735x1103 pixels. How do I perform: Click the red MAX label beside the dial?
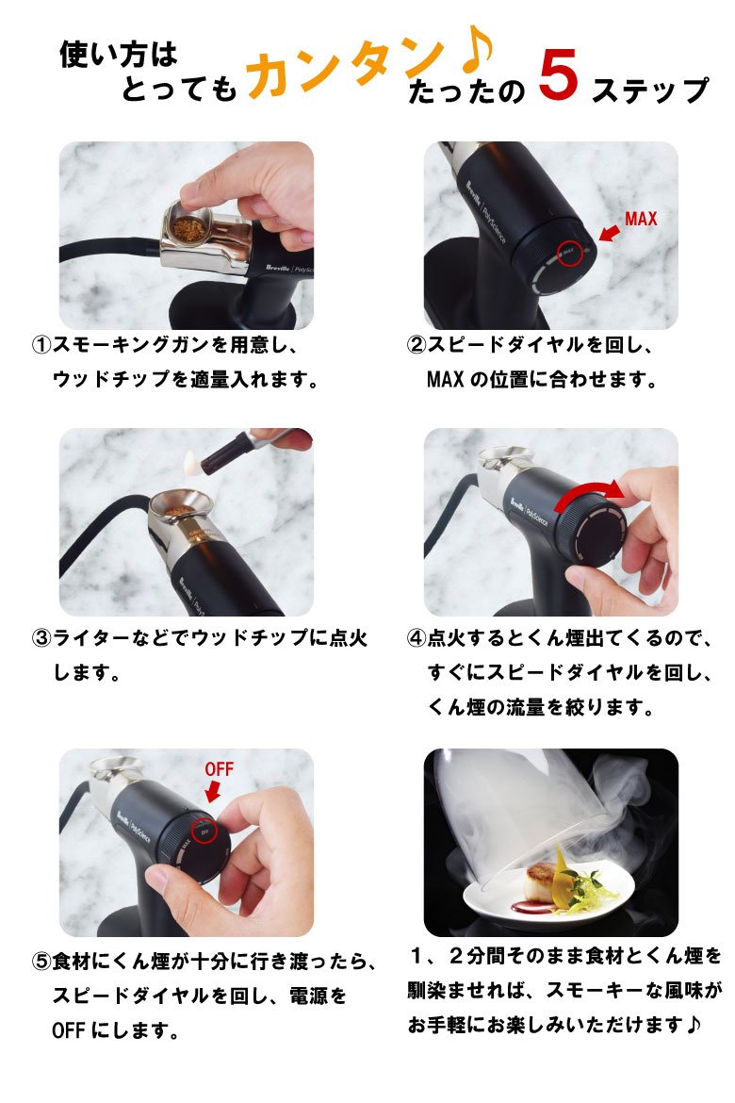(x=641, y=219)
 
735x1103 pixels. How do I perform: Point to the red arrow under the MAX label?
(x=609, y=231)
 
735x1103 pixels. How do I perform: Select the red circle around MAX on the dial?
(x=569, y=254)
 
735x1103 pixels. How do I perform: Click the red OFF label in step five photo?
(x=219, y=769)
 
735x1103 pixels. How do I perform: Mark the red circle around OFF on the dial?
(x=204, y=831)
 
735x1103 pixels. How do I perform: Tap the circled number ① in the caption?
(x=41, y=345)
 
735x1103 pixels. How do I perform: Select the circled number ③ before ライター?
(x=41, y=639)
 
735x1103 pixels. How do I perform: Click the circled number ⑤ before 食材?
(x=41, y=962)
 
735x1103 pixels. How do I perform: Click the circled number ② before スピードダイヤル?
(x=417, y=345)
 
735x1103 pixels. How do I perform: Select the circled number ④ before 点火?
(x=417, y=639)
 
